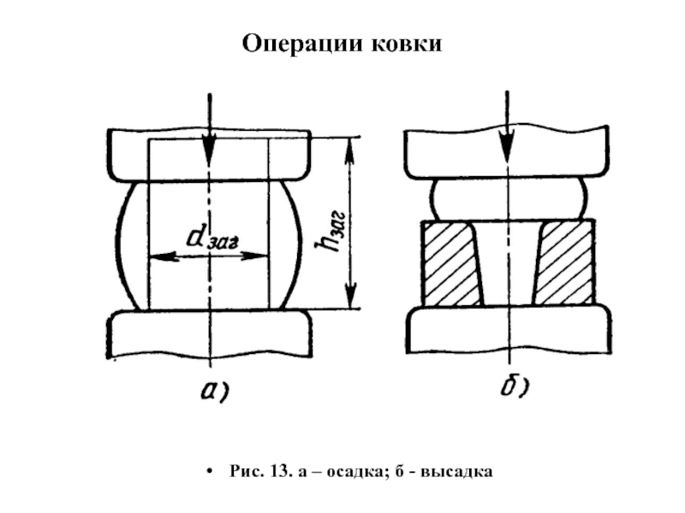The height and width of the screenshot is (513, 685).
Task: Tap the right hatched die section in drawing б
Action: point(563,263)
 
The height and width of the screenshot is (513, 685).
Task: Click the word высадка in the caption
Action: point(462,472)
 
